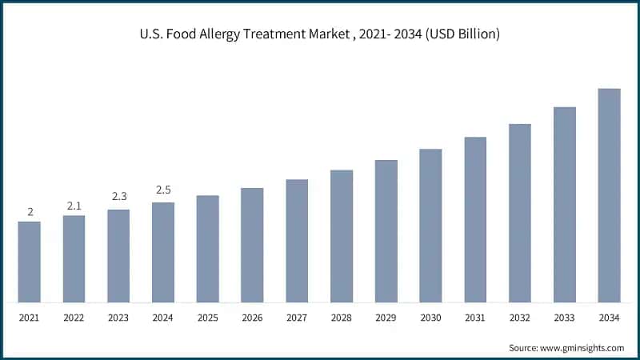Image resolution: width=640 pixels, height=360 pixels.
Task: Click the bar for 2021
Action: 30,262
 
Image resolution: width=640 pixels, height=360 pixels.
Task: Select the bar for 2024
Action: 163,252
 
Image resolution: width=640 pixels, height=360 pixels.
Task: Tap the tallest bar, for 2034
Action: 609,195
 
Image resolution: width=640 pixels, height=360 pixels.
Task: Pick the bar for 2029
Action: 386,231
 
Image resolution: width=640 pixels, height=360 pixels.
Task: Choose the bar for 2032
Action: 520,213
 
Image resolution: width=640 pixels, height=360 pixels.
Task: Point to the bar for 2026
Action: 253,245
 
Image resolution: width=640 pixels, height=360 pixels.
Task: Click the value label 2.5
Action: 163,190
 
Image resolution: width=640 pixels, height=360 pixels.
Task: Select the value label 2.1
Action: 74,206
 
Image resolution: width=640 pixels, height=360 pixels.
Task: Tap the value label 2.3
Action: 118,196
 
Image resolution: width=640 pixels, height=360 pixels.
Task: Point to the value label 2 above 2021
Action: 30,212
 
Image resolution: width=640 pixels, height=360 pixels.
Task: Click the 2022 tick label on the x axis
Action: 74,318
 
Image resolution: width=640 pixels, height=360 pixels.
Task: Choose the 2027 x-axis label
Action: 297,318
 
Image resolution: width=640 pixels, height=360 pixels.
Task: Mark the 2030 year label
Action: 430,318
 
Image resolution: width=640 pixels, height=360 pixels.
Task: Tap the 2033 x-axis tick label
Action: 564,318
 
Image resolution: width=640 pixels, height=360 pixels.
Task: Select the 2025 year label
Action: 208,318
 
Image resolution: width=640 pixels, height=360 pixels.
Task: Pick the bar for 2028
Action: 342,236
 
